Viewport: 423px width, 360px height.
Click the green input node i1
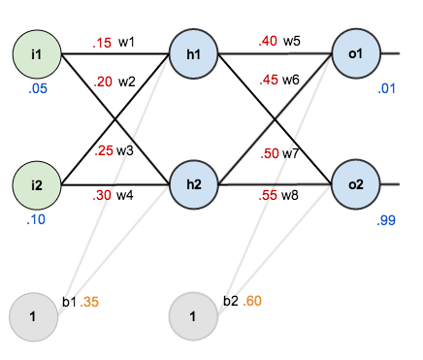pyautogui.click(x=36, y=53)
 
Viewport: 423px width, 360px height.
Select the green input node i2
pyautogui.click(x=36, y=184)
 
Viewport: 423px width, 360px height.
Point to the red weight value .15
pyautogui.click(x=102, y=44)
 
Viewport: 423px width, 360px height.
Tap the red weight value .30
pyautogui.click(x=102, y=194)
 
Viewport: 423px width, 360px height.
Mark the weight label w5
pyautogui.click(x=292, y=42)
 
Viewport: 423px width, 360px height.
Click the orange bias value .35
pyautogui.click(x=90, y=302)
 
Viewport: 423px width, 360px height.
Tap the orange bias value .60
pyautogui.click(x=251, y=302)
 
